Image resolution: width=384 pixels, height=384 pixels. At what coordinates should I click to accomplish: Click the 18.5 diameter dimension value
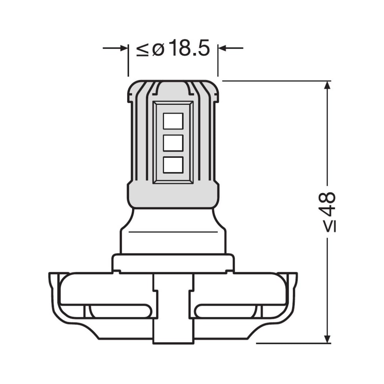190,48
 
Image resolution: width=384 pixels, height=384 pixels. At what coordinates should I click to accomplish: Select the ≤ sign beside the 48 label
329,227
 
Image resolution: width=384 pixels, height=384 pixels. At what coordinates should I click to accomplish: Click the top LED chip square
173,121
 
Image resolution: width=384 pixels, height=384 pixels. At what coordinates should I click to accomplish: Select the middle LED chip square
173,143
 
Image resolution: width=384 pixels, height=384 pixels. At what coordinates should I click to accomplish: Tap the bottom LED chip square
173,165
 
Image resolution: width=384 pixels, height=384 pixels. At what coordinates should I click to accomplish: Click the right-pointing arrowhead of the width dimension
124,48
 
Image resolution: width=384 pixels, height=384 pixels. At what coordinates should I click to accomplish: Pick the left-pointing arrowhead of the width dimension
222,48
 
